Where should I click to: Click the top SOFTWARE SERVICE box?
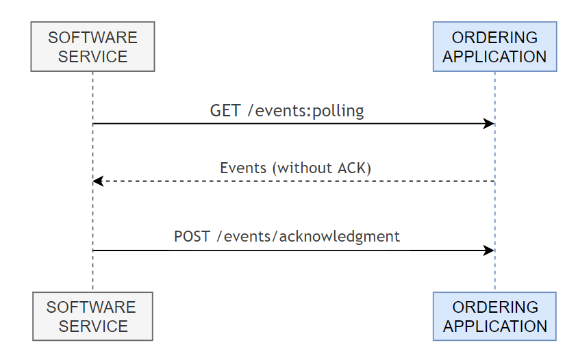tap(92, 47)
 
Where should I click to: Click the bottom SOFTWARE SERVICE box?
tap(92, 316)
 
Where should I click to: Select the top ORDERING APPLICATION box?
tap(494, 47)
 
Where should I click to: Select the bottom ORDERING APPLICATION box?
tap(494, 316)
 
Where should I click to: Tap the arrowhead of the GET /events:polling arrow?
tap(490, 124)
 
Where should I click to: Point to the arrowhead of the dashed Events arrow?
tap(98, 181)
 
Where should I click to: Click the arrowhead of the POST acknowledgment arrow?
tap(490, 250)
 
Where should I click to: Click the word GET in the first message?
tap(225, 111)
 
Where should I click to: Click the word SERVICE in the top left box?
tap(92, 56)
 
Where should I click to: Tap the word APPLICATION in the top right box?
tap(494, 56)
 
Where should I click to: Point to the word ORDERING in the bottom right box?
tap(494, 307)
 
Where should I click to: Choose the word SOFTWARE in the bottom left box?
tap(92, 307)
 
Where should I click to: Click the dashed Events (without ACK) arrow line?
tap(294, 181)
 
